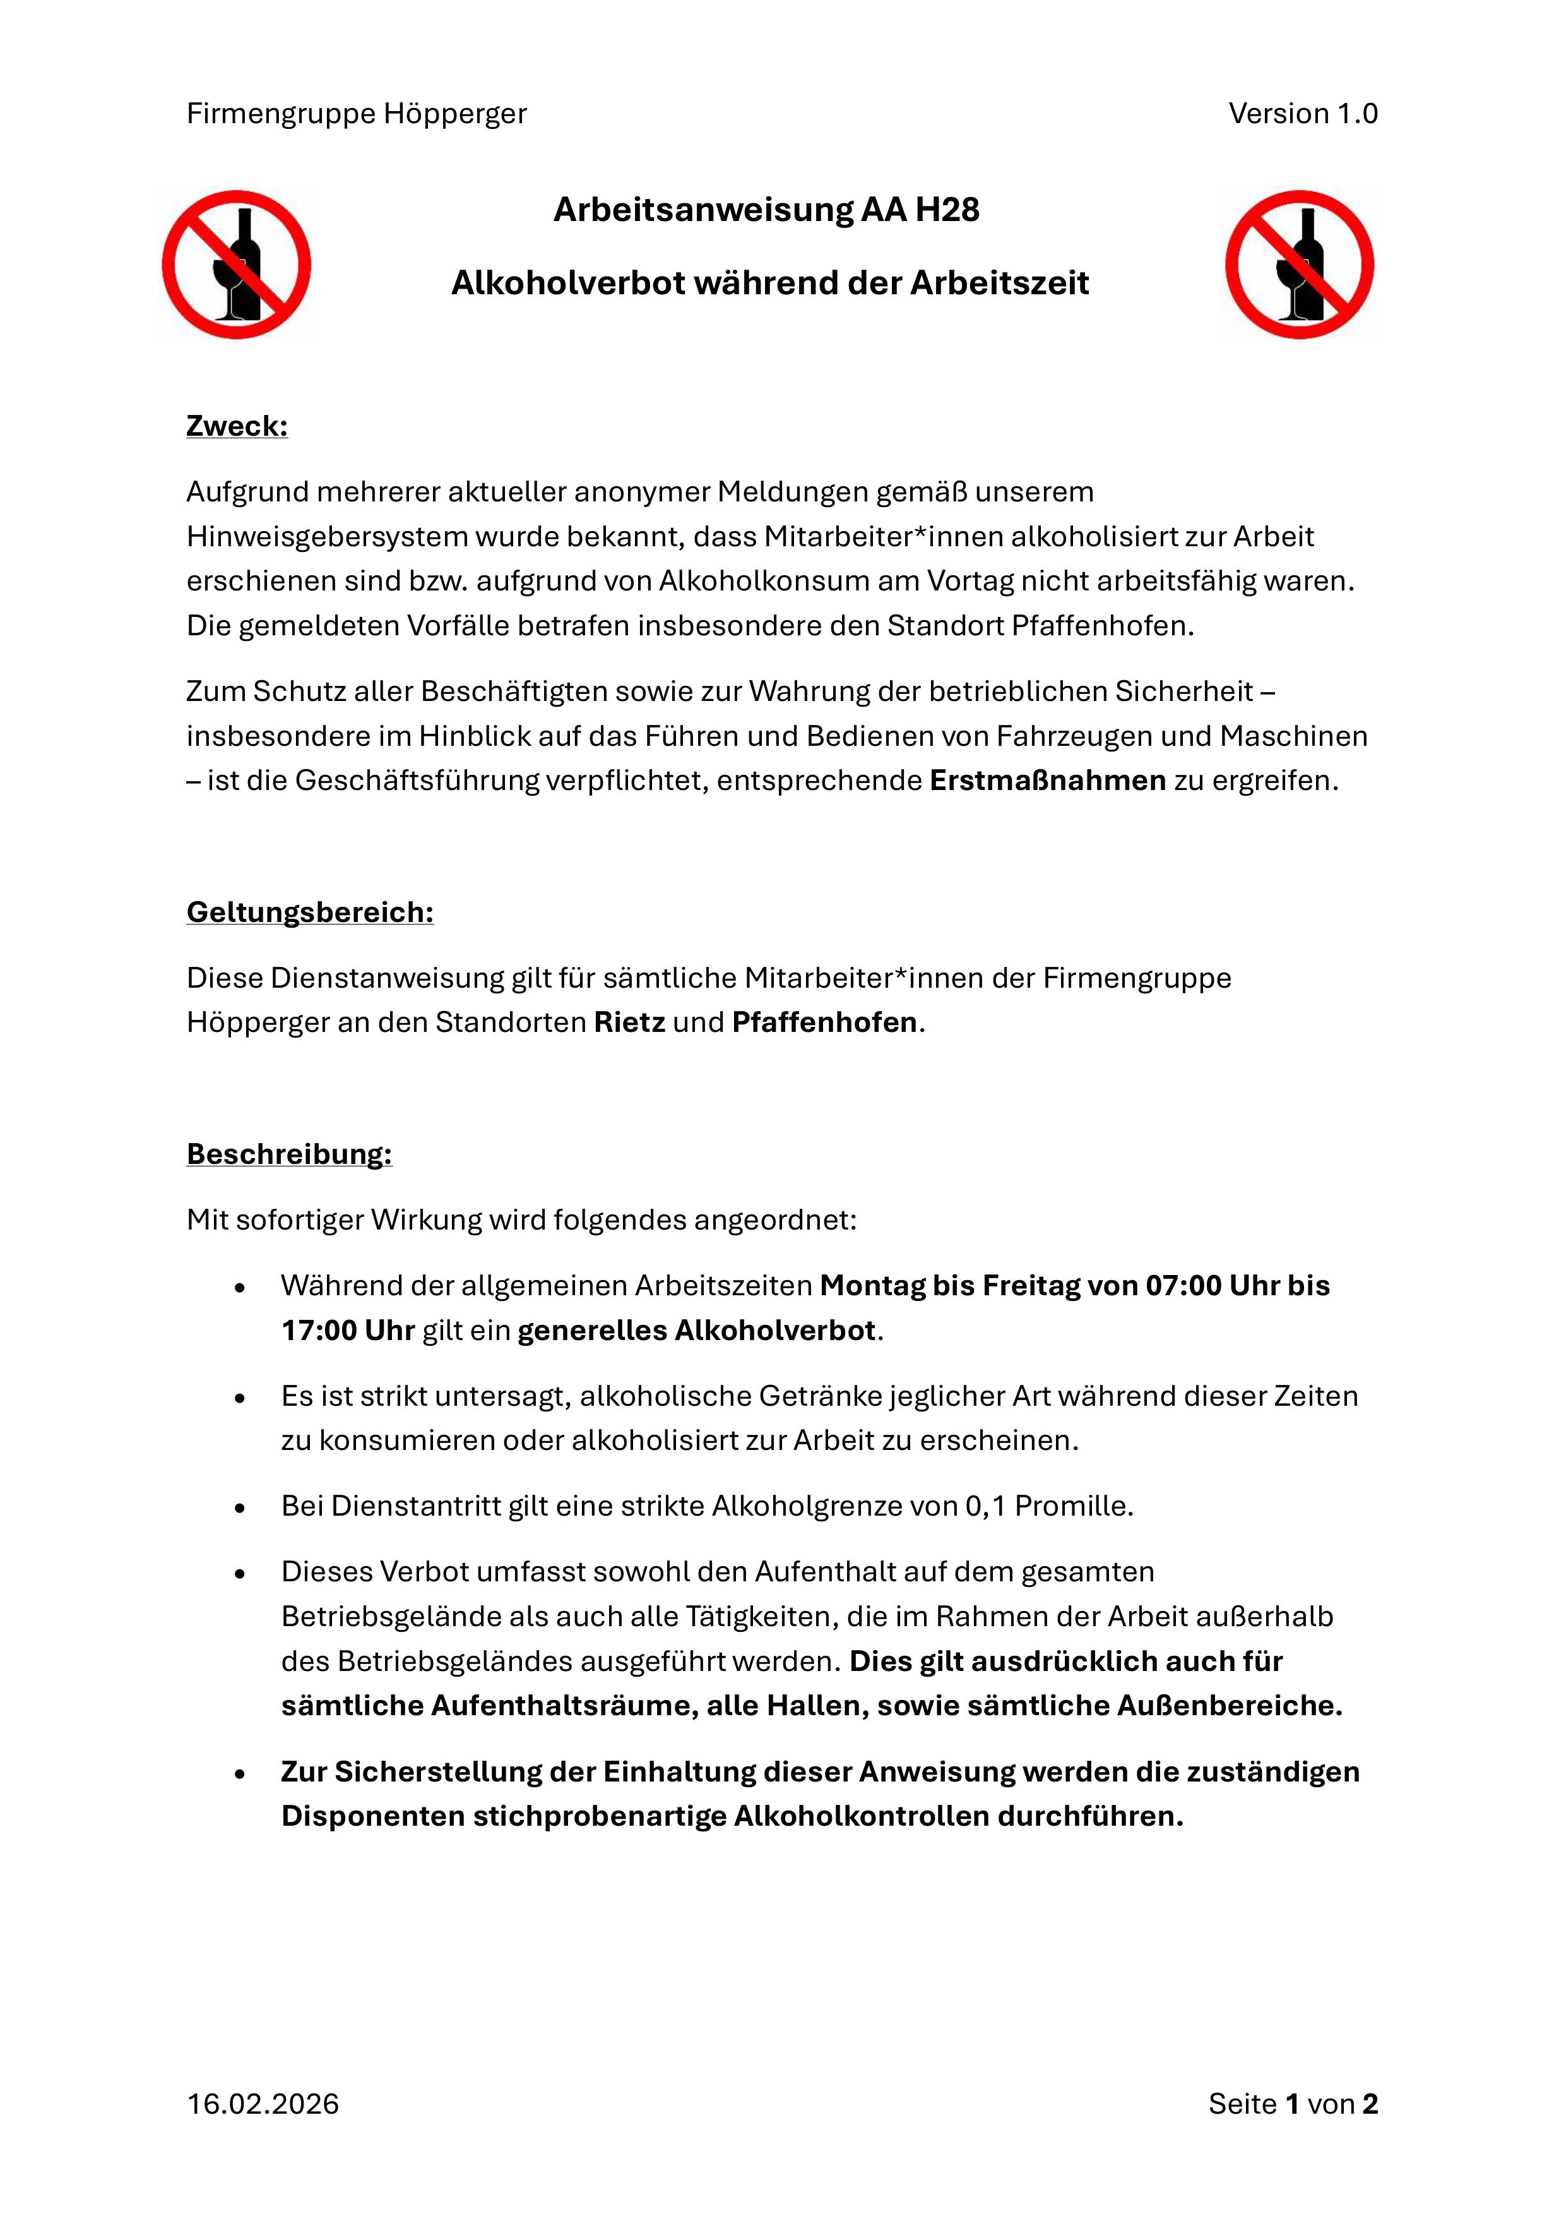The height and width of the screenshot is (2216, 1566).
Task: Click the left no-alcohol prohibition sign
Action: pyautogui.click(x=237, y=265)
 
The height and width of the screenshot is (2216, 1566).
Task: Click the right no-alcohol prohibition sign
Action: pyautogui.click(x=1299, y=265)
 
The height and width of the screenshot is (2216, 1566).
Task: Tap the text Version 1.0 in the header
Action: pyautogui.click(x=1303, y=114)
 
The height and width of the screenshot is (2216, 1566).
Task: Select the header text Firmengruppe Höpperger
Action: pyautogui.click(x=356, y=114)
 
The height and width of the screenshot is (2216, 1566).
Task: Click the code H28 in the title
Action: pyautogui.click(x=947, y=210)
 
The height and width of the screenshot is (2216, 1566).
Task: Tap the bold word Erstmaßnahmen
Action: pyautogui.click(x=1048, y=780)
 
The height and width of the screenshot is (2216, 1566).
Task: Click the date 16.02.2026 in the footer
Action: pyautogui.click(x=263, y=2103)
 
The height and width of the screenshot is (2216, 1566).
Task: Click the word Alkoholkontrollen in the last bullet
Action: pyautogui.click(x=861, y=1816)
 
